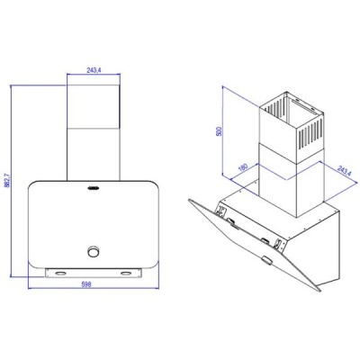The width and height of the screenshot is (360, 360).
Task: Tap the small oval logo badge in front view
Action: tap(94, 190)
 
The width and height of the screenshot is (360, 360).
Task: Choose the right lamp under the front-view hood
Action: tap(126, 269)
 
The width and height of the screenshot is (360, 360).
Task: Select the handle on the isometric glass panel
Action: tap(268, 260)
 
